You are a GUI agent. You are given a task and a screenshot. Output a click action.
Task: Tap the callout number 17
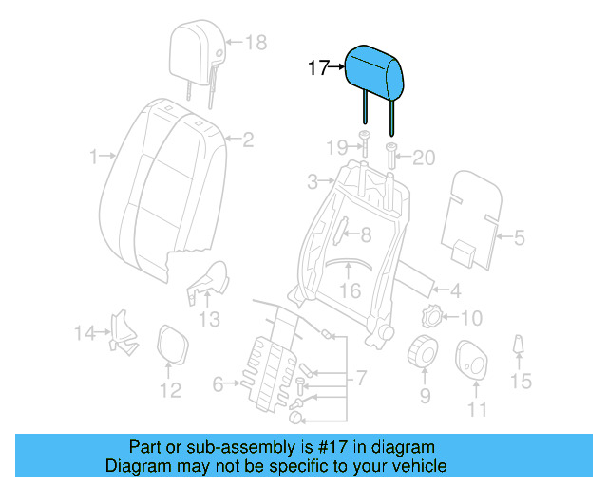click(318, 68)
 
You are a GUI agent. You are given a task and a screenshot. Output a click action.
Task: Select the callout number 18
click(256, 42)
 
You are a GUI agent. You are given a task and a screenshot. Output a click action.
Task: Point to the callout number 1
click(93, 157)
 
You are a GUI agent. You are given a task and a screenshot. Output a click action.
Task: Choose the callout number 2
click(248, 140)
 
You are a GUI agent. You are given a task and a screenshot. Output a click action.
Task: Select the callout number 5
click(519, 238)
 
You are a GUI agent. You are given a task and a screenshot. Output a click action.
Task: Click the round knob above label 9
click(423, 353)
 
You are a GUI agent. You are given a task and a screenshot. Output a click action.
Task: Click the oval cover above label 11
click(472, 361)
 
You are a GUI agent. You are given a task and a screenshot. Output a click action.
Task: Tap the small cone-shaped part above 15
click(519, 346)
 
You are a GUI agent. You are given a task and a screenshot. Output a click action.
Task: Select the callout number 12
click(169, 390)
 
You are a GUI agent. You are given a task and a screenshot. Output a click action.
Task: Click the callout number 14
click(85, 332)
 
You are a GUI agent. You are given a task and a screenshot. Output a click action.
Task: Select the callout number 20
click(423, 157)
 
